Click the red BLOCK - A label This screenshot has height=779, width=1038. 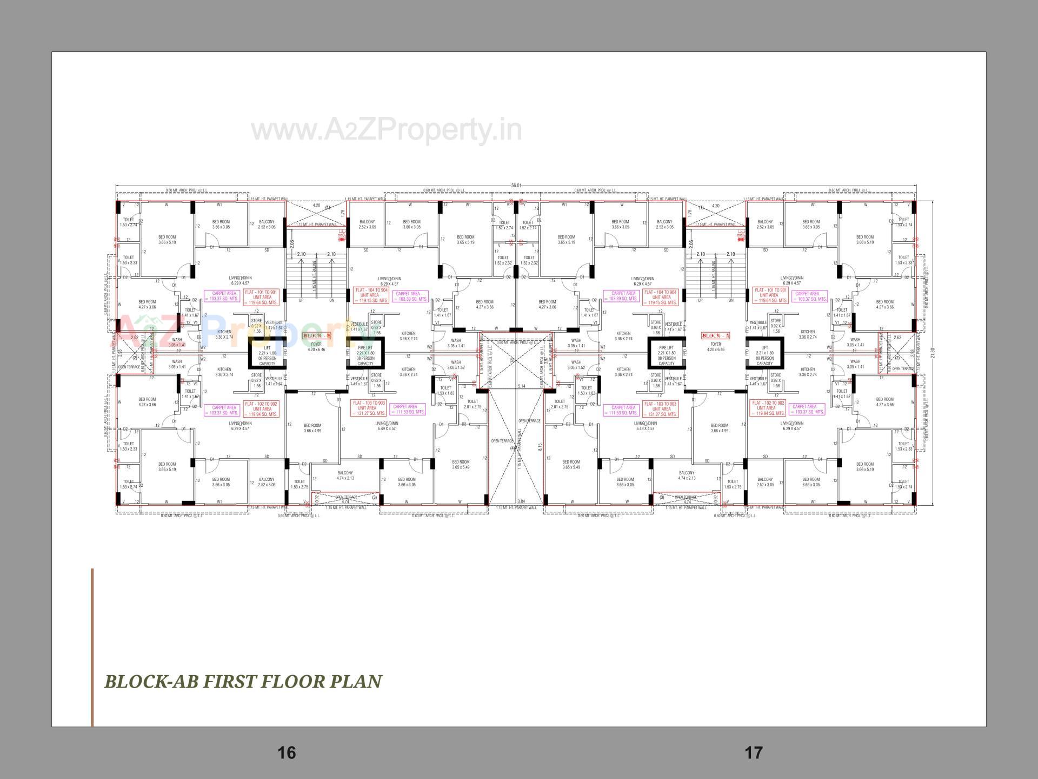pyautogui.click(x=715, y=336)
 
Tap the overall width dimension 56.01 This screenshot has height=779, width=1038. pyautogui.click(x=516, y=186)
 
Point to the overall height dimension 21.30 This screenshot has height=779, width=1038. pyautogui.click(x=932, y=352)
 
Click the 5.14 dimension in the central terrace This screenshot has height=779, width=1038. pyautogui.click(x=521, y=386)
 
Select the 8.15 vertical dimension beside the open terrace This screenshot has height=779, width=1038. pyautogui.click(x=540, y=447)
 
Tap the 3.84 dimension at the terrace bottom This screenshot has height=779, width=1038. pyautogui.click(x=521, y=501)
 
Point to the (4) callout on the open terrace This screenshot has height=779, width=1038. pyautogui.click(x=512, y=448)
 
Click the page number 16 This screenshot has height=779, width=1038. pyautogui.click(x=287, y=752)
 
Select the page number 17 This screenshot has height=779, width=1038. pyautogui.click(x=754, y=752)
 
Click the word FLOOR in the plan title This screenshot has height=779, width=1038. pyautogui.click(x=292, y=682)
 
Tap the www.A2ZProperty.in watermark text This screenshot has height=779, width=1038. pyautogui.click(x=387, y=130)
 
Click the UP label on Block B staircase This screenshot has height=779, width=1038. pyautogui.click(x=301, y=300)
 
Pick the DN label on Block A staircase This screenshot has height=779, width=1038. pyautogui.click(x=731, y=300)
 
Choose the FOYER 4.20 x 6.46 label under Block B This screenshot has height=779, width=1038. pyautogui.click(x=316, y=347)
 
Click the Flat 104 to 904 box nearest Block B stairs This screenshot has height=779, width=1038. pyautogui.click(x=370, y=295)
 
